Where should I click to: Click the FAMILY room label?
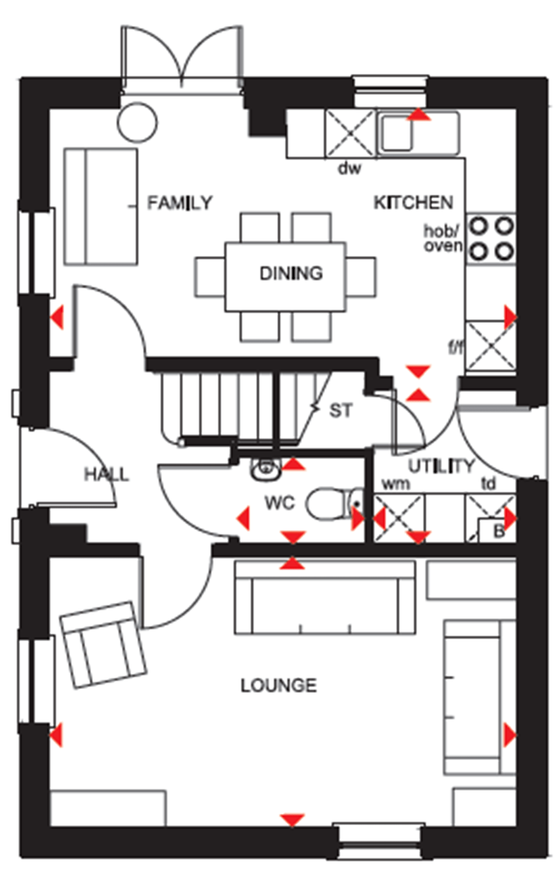[179, 203]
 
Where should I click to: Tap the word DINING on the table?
[290, 273]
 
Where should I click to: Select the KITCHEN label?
[413, 203]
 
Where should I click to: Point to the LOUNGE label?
[278, 685]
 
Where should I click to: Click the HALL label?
[107, 474]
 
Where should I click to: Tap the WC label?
[279, 503]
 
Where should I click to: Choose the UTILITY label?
[441, 466]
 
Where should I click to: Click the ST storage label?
[341, 410]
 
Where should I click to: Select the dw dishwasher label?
[349, 168]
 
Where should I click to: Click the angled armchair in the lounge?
[103, 645]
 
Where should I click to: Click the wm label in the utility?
[395, 484]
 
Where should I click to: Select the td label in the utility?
[488, 484]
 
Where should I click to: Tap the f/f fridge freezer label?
[456, 347]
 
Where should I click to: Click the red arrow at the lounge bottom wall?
[292, 820]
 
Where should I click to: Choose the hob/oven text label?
[443, 238]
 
